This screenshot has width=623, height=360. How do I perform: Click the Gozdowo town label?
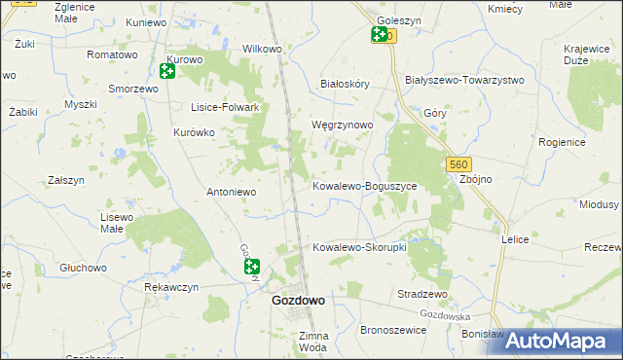click(298, 302)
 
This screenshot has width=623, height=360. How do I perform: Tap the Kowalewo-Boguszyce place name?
click(364, 185)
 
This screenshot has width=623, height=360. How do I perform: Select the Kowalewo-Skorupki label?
click(358, 247)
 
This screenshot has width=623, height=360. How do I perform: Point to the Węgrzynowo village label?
click(342, 126)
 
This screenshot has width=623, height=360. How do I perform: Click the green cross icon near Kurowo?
click(167, 70)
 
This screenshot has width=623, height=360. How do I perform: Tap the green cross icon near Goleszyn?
click(379, 36)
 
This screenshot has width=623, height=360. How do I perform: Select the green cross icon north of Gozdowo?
click(251, 267)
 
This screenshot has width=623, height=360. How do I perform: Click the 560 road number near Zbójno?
click(460, 166)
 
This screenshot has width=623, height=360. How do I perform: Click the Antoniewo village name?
click(231, 192)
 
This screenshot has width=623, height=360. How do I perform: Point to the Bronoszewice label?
click(393, 330)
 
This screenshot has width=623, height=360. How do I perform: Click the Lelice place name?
click(514, 238)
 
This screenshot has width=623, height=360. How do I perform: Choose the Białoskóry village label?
click(346, 85)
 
